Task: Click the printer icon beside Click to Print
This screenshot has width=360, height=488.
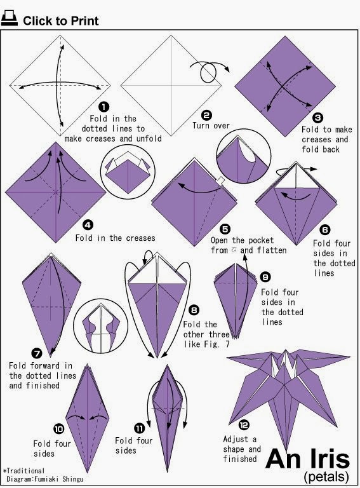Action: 10,20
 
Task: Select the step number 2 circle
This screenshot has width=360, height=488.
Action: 206,115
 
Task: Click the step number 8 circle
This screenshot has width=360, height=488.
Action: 194,311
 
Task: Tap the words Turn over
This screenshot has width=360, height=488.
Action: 211,126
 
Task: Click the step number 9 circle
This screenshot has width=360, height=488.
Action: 265,277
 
